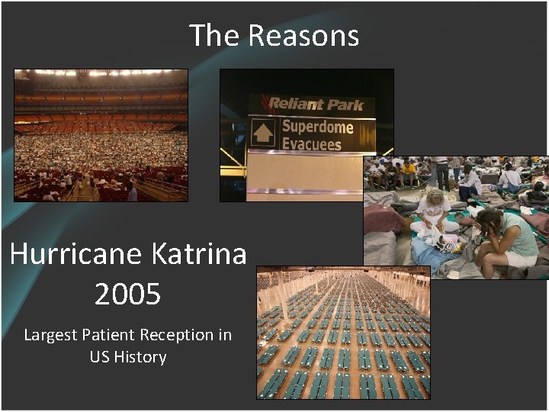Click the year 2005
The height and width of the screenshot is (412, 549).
tap(127, 295)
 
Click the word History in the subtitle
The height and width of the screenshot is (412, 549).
tap(140, 356)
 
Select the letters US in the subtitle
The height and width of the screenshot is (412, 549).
tap(100, 356)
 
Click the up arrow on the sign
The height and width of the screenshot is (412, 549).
tap(262, 134)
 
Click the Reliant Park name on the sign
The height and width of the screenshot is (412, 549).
tap(315, 104)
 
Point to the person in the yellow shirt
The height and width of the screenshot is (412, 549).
tap(409, 169)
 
